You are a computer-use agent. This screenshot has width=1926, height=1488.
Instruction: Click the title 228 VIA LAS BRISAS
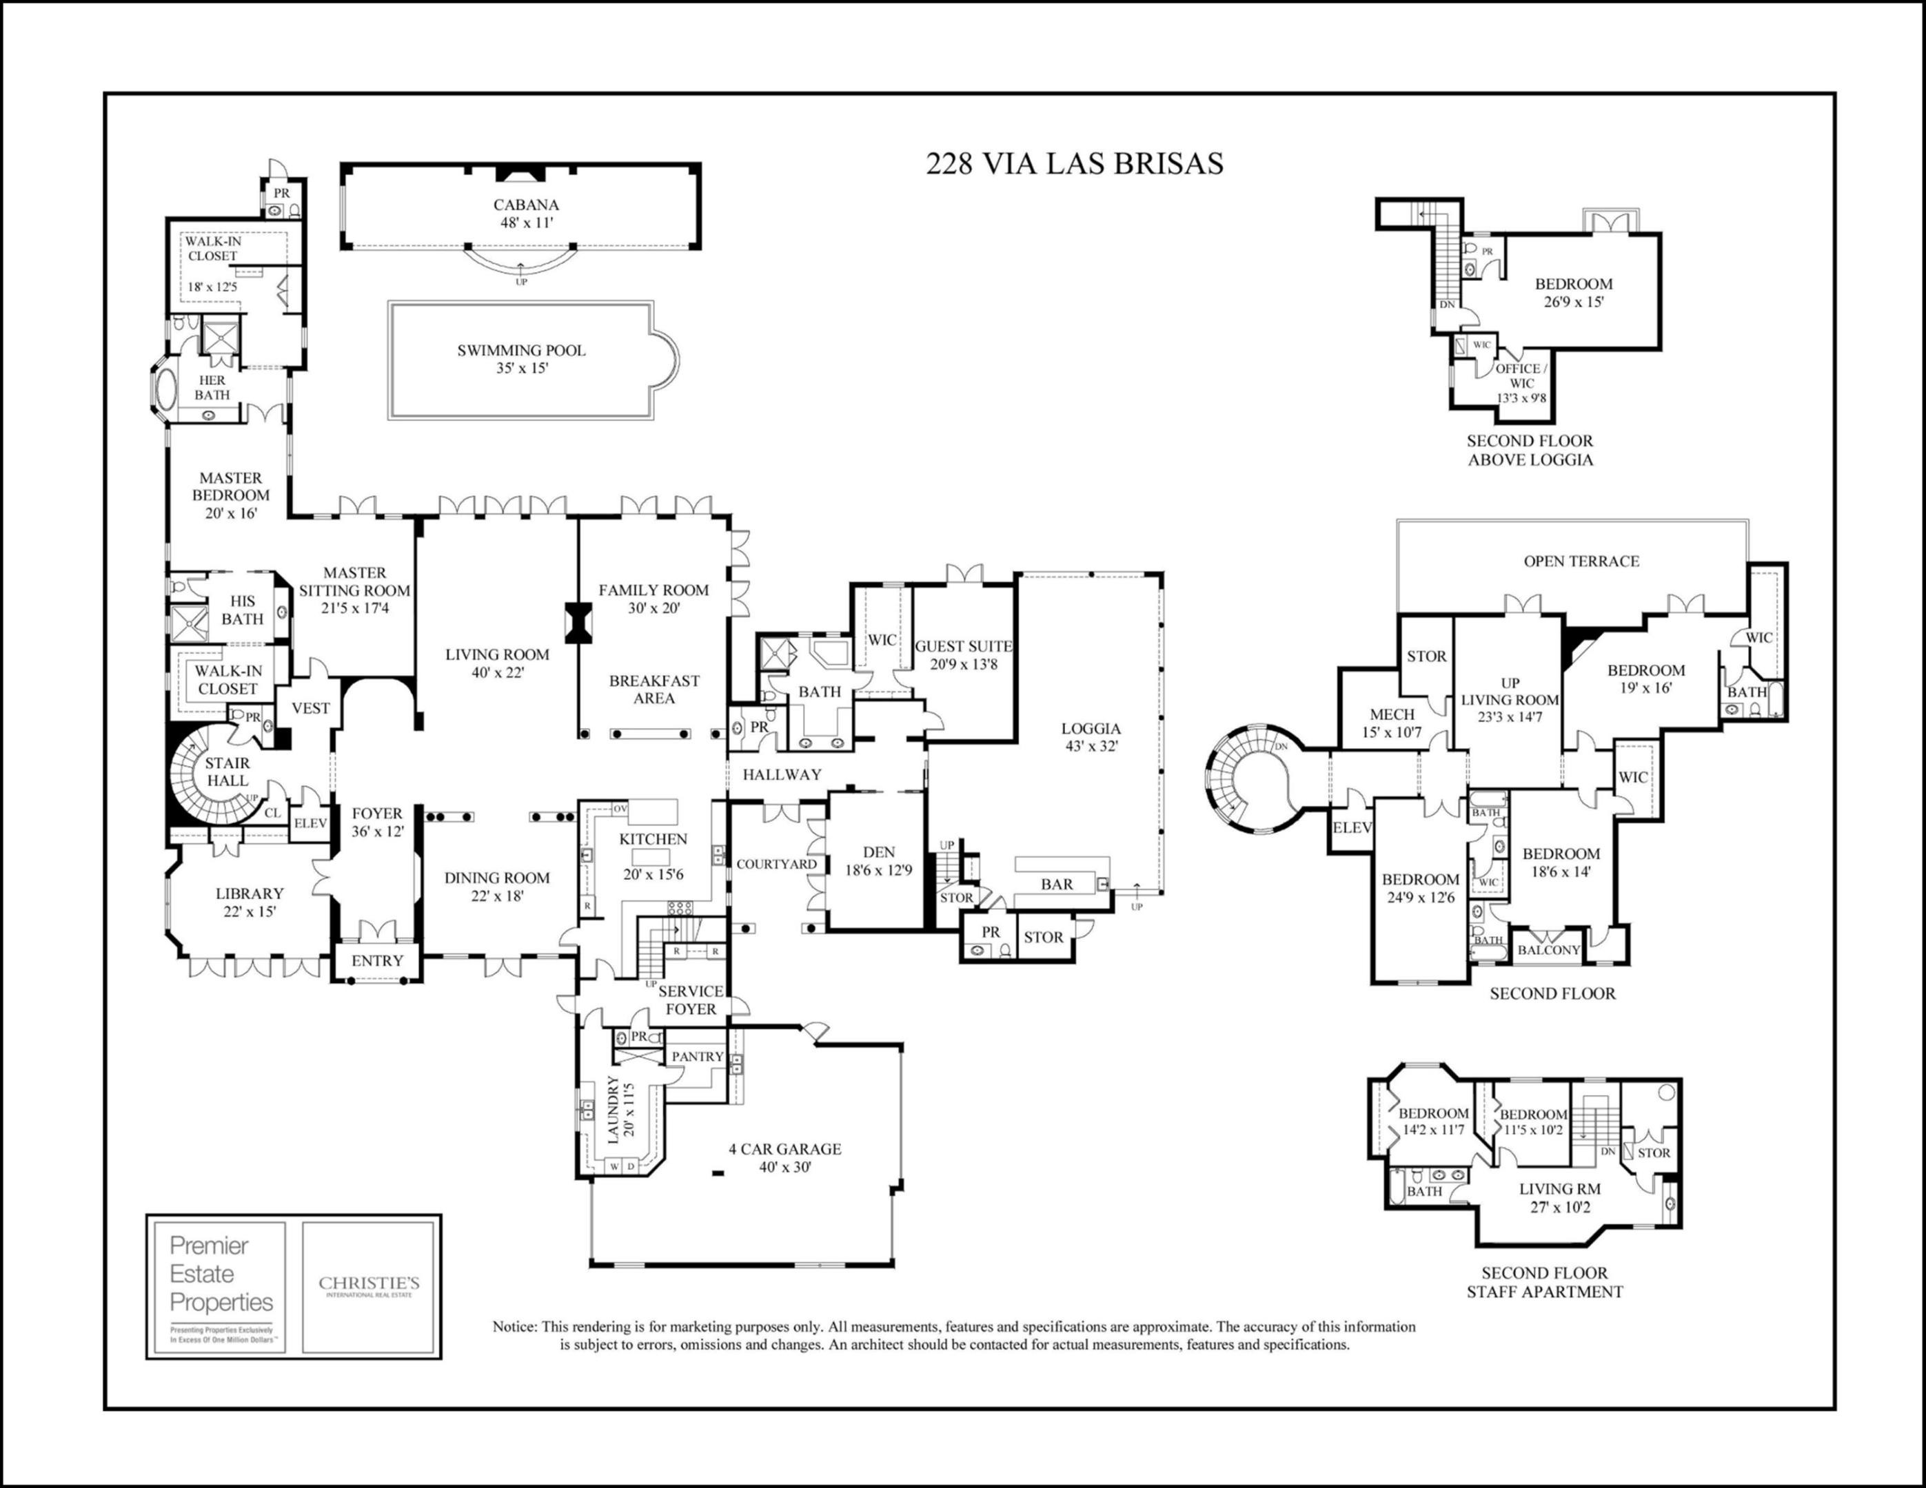[1074, 164]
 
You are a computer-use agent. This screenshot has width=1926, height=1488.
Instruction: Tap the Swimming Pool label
[521, 359]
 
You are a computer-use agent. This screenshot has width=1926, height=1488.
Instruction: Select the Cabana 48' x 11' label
[525, 214]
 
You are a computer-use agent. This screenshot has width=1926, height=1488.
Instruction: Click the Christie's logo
[369, 1286]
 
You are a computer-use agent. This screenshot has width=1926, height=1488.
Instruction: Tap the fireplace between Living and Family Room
[578, 622]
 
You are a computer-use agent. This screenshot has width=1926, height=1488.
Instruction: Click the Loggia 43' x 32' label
[1091, 737]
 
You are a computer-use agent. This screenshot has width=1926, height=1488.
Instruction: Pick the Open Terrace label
[1581, 561]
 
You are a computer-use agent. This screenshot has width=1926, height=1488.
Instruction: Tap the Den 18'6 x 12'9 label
[878, 861]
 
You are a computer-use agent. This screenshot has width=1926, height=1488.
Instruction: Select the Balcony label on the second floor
[1548, 950]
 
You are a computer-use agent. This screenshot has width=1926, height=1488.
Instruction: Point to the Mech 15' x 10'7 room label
[1392, 723]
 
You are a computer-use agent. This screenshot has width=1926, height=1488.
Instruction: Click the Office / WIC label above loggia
[1521, 382]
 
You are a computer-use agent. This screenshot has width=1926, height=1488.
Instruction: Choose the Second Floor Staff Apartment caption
[1544, 1283]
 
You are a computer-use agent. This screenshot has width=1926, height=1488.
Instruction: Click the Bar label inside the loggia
[1057, 884]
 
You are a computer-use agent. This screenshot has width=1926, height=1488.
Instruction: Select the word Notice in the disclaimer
[514, 1327]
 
